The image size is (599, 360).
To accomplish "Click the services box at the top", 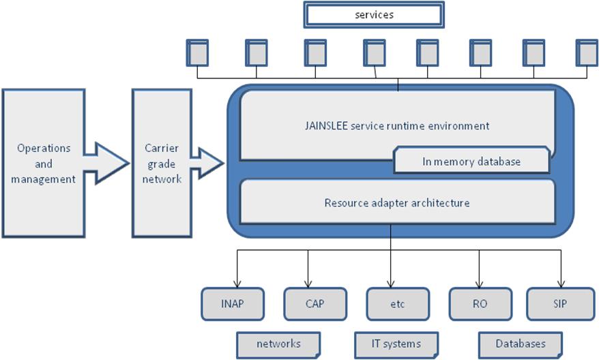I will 374,14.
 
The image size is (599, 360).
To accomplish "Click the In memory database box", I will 471,162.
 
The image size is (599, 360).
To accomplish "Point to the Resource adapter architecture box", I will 396,202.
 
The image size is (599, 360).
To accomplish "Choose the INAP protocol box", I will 233,303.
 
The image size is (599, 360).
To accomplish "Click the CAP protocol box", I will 315,303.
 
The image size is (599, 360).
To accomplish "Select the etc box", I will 397,303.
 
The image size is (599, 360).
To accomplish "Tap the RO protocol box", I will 480,303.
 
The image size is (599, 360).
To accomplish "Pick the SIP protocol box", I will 560,303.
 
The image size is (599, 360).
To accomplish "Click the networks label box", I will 278,343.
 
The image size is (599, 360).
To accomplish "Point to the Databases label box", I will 521,343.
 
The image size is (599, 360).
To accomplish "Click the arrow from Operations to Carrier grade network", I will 109,163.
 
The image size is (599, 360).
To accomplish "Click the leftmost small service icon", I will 197,52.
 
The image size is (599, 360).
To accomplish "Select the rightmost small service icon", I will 586,52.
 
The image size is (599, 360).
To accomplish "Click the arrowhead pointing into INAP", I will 236,284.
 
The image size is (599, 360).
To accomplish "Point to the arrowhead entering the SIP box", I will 561,284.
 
